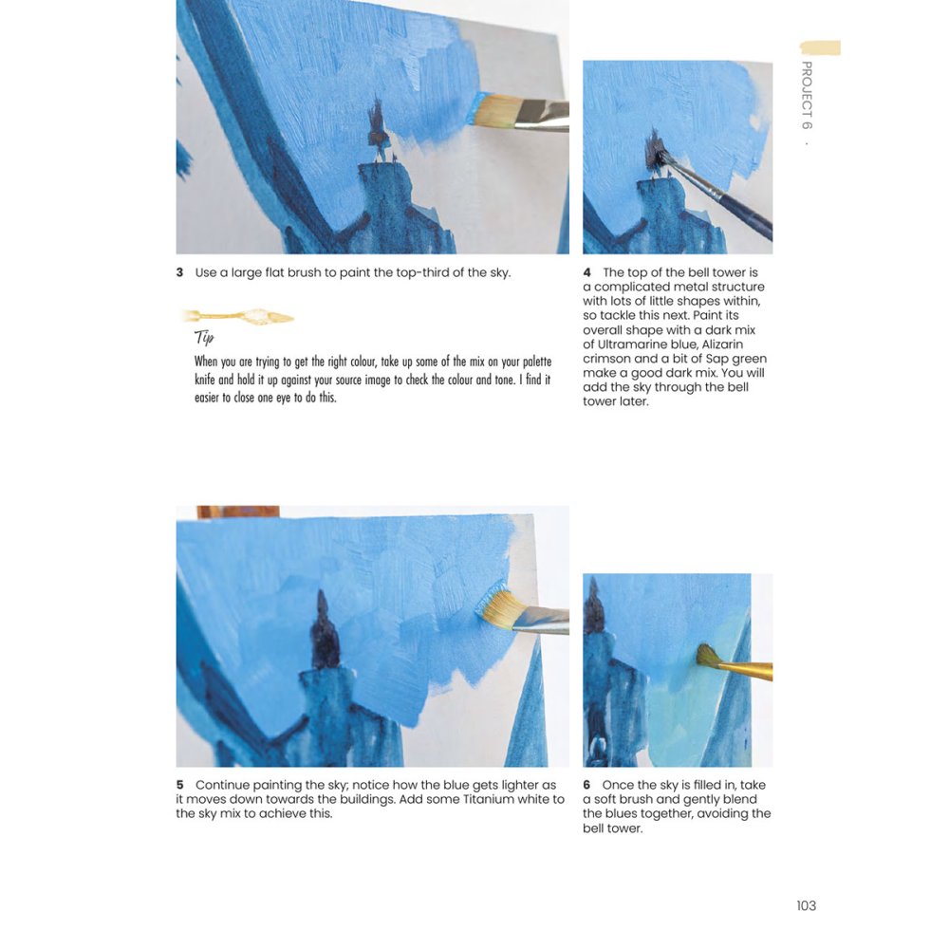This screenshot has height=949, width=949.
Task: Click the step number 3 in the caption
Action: pyautogui.click(x=179, y=273)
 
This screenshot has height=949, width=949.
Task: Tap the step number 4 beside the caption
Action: pyautogui.click(x=587, y=272)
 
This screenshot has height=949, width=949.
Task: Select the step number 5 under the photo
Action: pyautogui.click(x=179, y=785)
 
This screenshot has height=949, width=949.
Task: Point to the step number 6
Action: pyautogui.click(x=587, y=785)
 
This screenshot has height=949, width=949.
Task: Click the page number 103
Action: pyautogui.click(x=806, y=905)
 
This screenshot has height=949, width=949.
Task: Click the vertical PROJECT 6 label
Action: pyautogui.click(x=807, y=95)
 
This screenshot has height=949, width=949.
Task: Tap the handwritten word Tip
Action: pyautogui.click(x=204, y=338)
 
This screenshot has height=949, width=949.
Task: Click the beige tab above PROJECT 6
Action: pyautogui.click(x=820, y=47)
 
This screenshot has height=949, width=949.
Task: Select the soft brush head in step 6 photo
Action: pyautogui.click(x=706, y=654)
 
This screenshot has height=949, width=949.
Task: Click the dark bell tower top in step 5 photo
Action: pyautogui.click(x=325, y=632)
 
